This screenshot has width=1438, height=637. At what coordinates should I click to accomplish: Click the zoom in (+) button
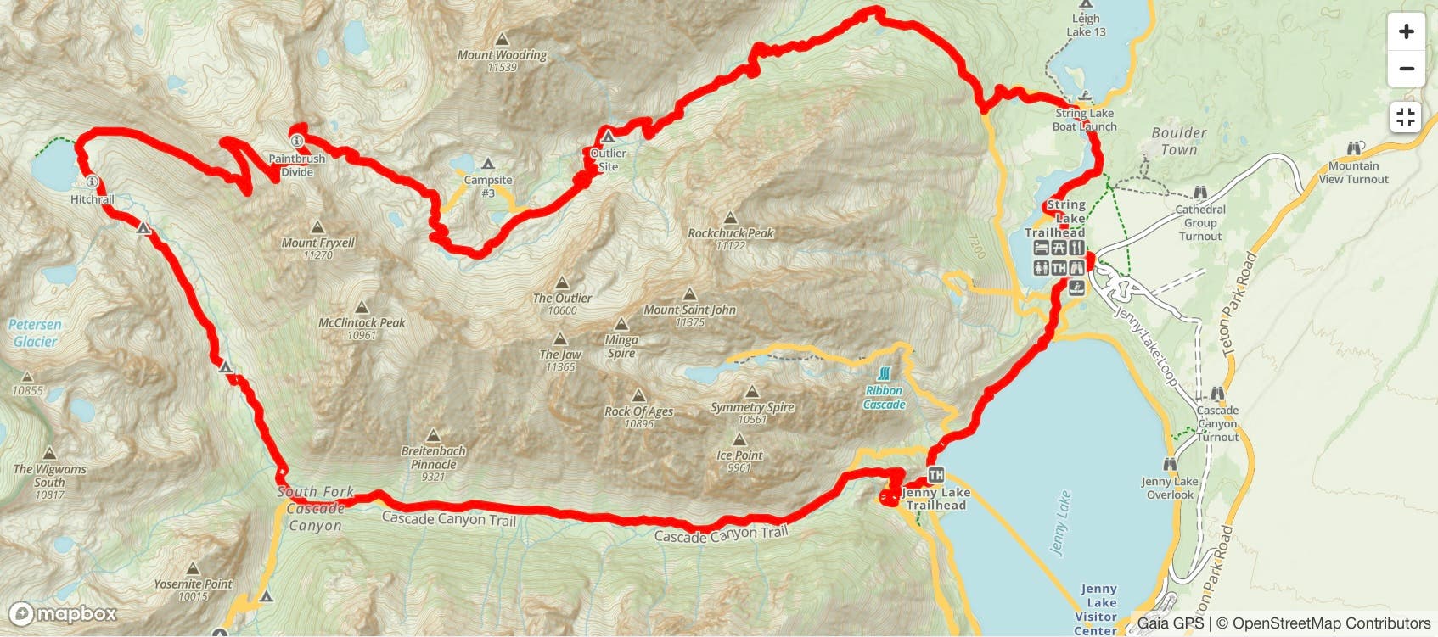(1406, 32)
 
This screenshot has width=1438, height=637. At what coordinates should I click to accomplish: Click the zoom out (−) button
(1406, 69)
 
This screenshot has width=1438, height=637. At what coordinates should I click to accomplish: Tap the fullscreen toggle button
(1406, 117)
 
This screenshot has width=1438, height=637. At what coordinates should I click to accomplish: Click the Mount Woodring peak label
(502, 55)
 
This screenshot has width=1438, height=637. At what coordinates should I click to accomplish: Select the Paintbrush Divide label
(297, 165)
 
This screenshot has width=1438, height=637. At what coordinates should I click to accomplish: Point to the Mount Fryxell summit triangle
(317, 227)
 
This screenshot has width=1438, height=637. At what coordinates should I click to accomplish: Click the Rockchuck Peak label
(730, 233)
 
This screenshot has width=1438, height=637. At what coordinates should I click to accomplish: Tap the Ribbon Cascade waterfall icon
(884, 374)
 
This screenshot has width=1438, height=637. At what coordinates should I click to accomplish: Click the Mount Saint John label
(689, 310)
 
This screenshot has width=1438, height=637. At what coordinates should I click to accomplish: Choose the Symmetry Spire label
(752, 407)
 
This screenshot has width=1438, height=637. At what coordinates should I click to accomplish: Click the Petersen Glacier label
(35, 333)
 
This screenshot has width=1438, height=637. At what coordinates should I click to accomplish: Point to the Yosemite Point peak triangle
(193, 568)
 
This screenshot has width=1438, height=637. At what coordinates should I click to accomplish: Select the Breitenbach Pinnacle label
(433, 458)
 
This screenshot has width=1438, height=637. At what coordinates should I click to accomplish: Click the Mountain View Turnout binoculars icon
(1354, 149)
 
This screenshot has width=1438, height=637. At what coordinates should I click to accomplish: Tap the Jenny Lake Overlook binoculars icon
(1170, 465)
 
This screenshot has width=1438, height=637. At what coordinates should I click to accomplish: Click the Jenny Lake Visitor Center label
(1097, 610)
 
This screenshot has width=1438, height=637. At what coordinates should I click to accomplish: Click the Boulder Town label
(1178, 141)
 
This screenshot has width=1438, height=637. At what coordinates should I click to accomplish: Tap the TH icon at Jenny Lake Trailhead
(935, 476)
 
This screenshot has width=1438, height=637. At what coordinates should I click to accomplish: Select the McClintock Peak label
(362, 323)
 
